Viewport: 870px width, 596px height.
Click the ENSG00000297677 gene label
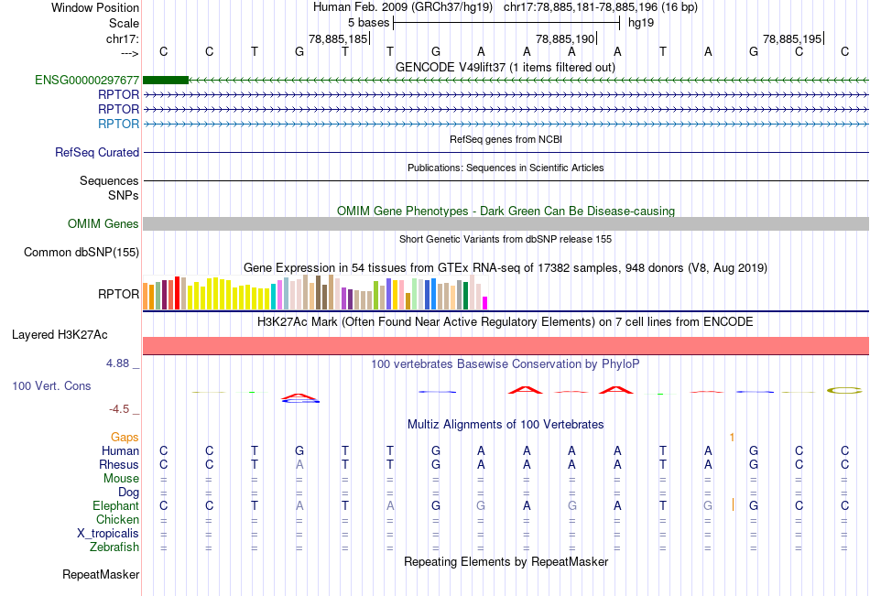[87, 81]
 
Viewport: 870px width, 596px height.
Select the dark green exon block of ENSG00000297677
[166, 81]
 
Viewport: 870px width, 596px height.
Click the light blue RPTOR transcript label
[119, 124]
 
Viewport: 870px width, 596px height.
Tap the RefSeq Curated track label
[97, 153]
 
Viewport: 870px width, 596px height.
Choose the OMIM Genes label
[103, 224]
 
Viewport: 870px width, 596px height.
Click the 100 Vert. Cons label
[51, 386]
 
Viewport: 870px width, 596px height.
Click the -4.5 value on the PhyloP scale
[122, 409]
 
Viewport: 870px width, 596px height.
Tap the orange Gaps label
[125, 438]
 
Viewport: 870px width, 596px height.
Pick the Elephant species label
[116, 506]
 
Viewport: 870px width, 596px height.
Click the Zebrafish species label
[114, 547]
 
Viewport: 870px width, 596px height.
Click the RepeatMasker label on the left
[101, 575]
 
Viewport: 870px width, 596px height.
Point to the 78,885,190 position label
[565, 39]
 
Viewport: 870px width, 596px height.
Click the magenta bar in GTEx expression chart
[485, 302]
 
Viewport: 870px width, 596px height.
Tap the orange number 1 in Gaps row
[732, 438]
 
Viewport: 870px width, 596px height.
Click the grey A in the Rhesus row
[299, 465]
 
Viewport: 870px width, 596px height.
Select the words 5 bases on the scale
[368, 22]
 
